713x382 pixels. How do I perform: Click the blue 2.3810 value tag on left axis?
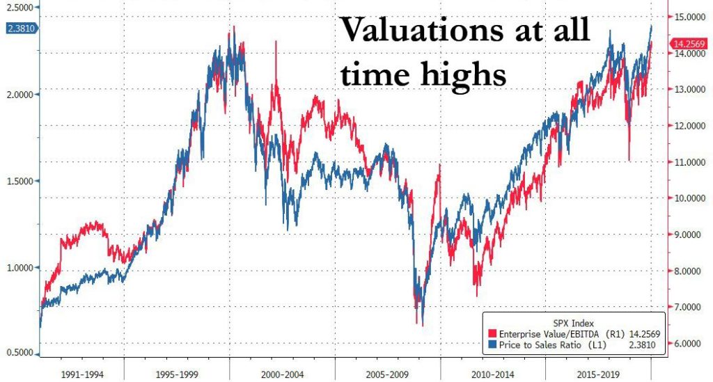19,29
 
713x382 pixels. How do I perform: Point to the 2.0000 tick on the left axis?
20,94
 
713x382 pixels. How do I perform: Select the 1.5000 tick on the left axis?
20,181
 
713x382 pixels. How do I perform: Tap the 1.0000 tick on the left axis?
20,268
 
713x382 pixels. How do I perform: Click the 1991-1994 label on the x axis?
81,372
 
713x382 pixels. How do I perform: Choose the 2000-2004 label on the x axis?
282,372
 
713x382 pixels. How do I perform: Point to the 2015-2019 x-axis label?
597,372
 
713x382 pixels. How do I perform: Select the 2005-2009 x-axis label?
387,372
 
